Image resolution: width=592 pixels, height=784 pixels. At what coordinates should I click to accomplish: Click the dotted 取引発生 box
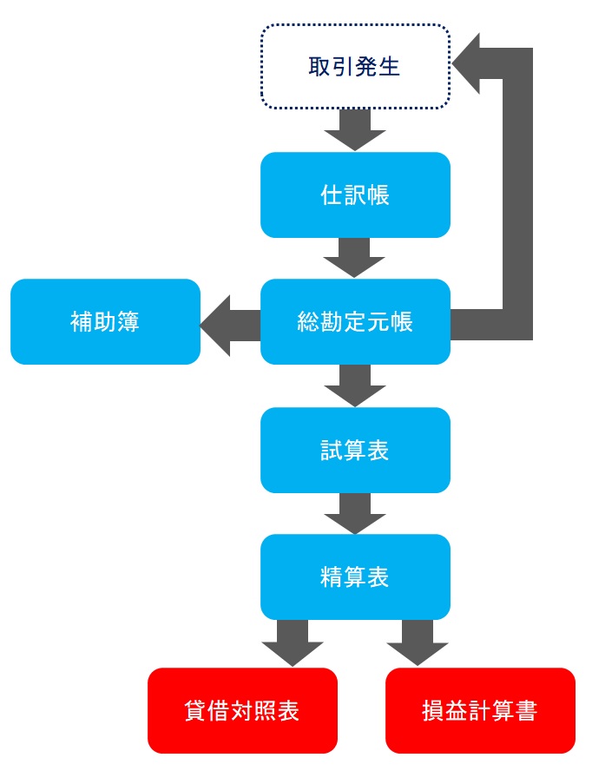[x=356, y=66]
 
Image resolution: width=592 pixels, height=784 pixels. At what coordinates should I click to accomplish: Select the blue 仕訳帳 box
[x=356, y=194]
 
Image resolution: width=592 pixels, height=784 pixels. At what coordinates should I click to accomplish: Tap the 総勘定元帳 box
[x=356, y=321]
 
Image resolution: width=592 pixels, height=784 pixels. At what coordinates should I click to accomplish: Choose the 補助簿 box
[x=106, y=321]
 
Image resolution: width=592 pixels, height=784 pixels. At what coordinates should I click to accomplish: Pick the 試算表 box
[x=356, y=450]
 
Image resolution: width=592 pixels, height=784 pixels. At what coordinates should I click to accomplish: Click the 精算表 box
[x=356, y=576]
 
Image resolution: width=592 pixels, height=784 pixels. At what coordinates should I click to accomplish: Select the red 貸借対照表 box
[x=242, y=710]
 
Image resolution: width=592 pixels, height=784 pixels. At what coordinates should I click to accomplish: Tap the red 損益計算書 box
[x=481, y=710]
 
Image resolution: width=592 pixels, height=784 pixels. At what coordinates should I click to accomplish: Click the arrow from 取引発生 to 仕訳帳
[x=355, y=129]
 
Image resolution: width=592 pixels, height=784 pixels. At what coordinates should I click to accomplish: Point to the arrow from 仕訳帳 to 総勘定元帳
[x=354, y=257]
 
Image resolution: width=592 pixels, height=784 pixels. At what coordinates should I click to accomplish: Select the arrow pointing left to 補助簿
[x=231, y=326]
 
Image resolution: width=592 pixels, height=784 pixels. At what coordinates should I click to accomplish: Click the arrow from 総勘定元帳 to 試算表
[x=355, y=385]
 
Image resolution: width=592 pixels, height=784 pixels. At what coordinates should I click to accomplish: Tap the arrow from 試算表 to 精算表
[x=355, y=513]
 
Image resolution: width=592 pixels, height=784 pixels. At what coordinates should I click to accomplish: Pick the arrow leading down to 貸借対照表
[x=293, y=642]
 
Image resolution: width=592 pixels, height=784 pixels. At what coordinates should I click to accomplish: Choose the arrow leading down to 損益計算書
[x=418, y=642]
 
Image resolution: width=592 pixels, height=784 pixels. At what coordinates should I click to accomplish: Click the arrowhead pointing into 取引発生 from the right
[x=466, y=63]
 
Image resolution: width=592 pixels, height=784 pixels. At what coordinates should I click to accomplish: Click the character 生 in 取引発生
[x=389, y=67]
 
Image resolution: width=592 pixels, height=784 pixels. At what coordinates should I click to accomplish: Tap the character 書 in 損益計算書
[x=526, y=710]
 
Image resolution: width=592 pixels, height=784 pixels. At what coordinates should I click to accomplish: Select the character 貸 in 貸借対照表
[x=196, y=710]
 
